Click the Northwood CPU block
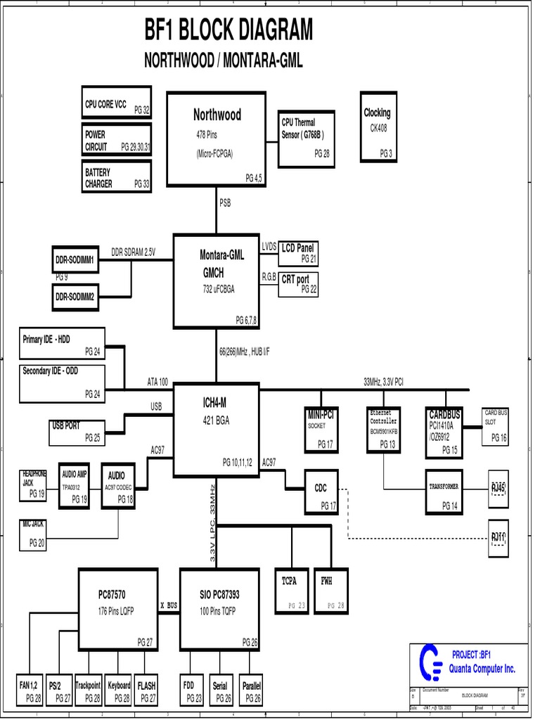(x=217, y=139)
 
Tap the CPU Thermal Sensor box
(x=306, y=139)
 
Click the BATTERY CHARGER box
(x=117, y=177)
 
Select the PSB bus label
(x=225, y=203)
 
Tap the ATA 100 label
(x=157, y=382)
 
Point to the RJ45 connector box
(x=499, y=488)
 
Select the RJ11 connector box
(x=499, y=538)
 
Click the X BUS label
(x=168, y=605)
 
